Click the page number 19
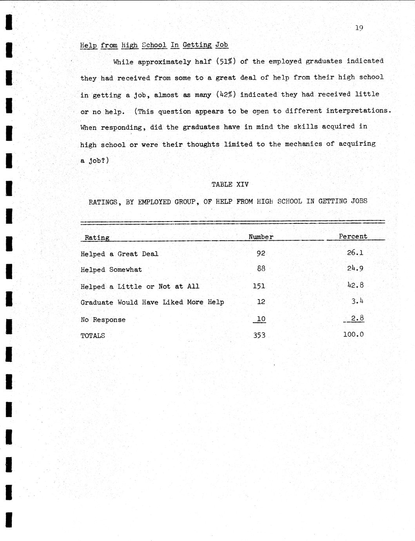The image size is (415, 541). click(359, 28)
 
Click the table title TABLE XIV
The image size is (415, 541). click(230, 184)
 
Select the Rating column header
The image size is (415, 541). click(97, 238)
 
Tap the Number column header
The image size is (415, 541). click(261, 237)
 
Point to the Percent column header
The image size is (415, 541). click(353, 236)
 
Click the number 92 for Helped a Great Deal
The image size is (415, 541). click(261, 253)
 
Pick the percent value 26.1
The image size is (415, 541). click(355, 252)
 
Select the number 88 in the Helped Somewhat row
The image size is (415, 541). click(261, 269)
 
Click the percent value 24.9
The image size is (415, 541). click(355, 269)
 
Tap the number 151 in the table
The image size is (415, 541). click(259, 286)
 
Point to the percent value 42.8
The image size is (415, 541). click(355, 285)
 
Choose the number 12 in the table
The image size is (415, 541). click(261, 302)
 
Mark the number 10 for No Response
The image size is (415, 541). click(261, 319)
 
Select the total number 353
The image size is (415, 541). click(259, 335)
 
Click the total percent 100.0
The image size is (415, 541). click(353, 334)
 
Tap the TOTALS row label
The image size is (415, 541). click(93, 336)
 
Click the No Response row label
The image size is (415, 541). click(103, 320)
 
